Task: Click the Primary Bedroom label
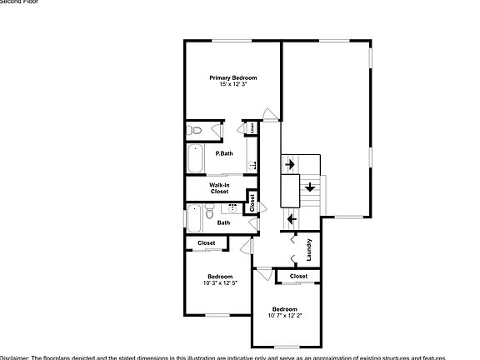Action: (x=232, y=77)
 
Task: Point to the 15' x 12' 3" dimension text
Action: (x=232, y=84)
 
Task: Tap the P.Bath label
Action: (x=223, y=153)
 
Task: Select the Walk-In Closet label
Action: (x=219, y=188)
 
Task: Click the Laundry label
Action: (x=308, y=249)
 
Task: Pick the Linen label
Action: (x=251, y=128)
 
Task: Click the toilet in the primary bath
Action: (x=195, y=130)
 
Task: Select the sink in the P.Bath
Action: (x=252, y=165)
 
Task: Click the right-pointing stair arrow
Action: (x=289, y=165)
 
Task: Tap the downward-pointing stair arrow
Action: (x=309, y=187)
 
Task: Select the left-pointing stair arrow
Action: (x=291, y=219)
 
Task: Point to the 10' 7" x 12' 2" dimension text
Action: (x=285, y=315)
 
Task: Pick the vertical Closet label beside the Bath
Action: (x=252, y=202)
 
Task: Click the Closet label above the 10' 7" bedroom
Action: (x=298, y=276)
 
